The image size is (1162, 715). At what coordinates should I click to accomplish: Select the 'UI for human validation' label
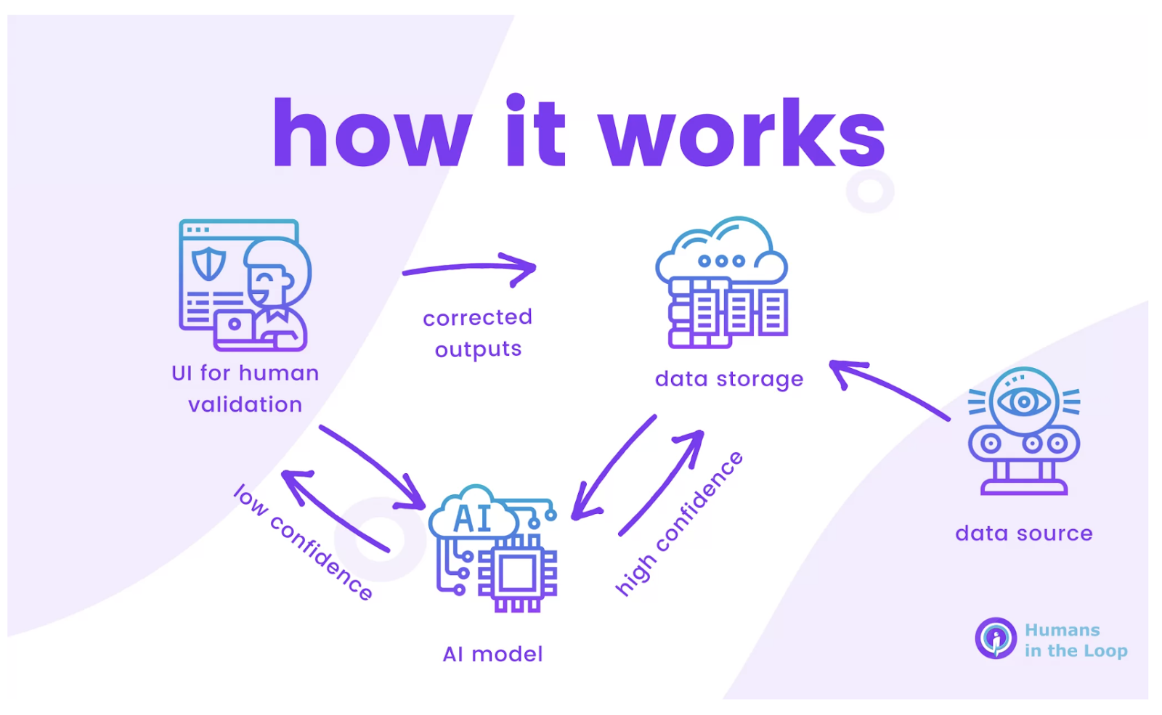tap(245, 388)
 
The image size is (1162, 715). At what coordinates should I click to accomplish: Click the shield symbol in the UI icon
tap(208, 263)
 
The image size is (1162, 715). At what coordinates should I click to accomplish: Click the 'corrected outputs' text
tap(478, 333)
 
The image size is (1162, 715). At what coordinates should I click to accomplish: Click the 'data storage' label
tap(729, 379)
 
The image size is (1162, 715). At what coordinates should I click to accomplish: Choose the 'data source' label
tap(1024, 534)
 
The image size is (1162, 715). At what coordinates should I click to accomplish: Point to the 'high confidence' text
tap(679, 523)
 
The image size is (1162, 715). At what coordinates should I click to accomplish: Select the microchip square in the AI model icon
tap(517, 576)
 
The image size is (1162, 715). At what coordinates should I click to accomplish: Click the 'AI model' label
tap(493, 655)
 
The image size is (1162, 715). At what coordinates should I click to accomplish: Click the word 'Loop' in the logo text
tap(1105, 651)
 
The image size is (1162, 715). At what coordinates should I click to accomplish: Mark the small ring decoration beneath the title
tap(870, 191)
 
